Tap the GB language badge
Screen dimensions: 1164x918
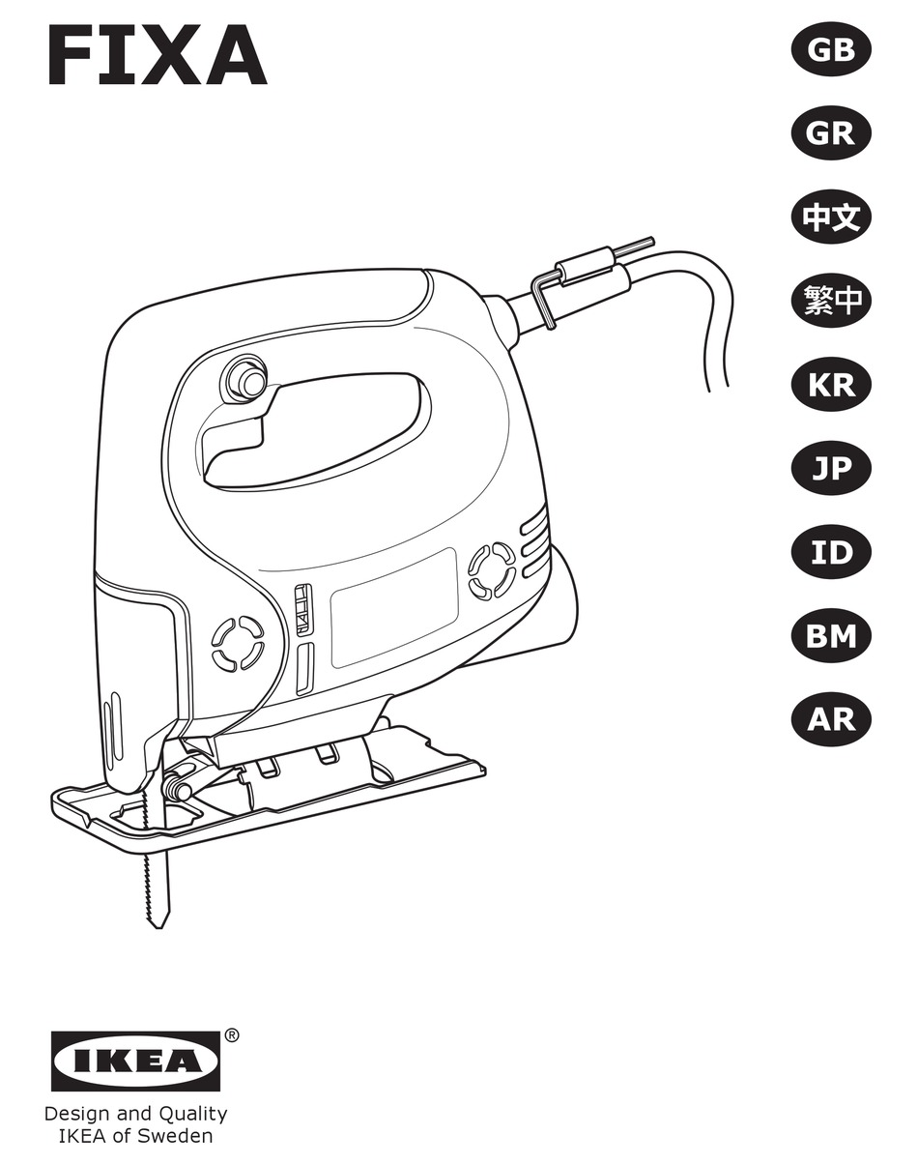click(x=831, y=49)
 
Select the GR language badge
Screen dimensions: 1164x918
click(x=831, y=133)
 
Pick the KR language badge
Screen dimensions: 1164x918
click(x=831, y=385)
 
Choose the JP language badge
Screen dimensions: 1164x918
click(x=831, y=469)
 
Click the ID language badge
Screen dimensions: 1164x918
click(x=831, y=553)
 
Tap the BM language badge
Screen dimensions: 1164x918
click(x=831, y=636)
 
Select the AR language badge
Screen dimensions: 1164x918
click(x=831, y=720)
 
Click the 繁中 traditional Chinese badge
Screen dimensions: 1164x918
click(x=831, y=302)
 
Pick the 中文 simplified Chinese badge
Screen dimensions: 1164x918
click(x=831, y=218)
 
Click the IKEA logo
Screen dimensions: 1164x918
click(x=135, y=1062)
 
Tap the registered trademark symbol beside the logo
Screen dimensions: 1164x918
click(x=232, y=1035)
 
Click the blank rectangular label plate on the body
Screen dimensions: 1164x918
click(x=393, y=606)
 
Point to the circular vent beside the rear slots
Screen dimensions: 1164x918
click(x=491, y=569)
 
